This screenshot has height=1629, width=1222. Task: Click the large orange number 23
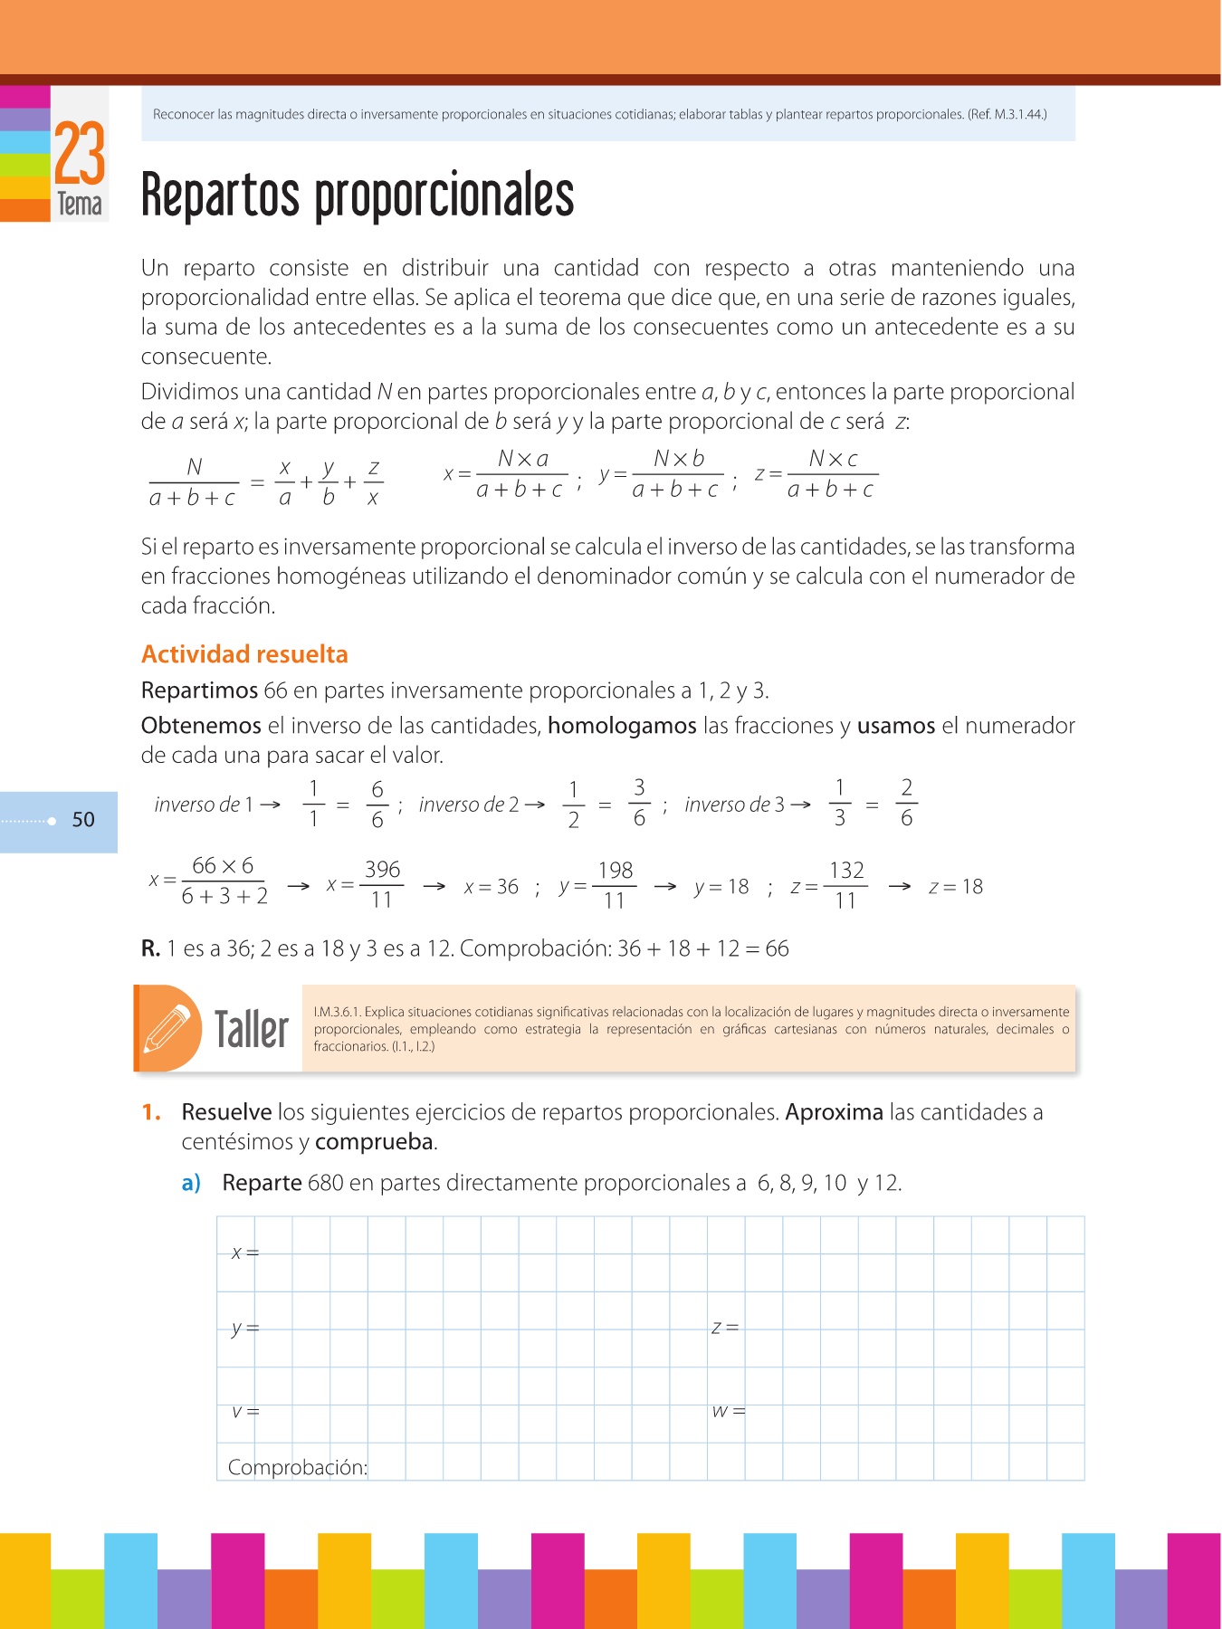(x=80, y=154)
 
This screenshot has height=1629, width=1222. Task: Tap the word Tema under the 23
(x=80, y=205)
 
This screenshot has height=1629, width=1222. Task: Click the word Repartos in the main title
(x=220, y=196)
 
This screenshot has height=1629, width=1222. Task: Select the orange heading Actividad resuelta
(x=244, y=654)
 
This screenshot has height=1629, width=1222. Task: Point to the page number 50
(x=83, y=820)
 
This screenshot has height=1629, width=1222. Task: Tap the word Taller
(x=251, y=1030)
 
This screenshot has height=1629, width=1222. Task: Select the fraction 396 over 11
(x=382, y=885)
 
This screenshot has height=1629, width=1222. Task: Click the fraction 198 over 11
(x=615, y=885)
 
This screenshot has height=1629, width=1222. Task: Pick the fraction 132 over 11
(x=846, y=885)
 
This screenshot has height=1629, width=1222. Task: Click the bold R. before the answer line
(x=150, y=948)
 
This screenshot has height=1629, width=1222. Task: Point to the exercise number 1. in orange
(x=151, y=1112)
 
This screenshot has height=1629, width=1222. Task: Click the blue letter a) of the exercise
(x=191, y=1183)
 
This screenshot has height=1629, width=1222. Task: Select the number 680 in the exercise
(x=325, y=1183)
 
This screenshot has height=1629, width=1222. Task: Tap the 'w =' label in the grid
(x=728, y=1411)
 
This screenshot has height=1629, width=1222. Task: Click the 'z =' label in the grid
(x=725, y=1328)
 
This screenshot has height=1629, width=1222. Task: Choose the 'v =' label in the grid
(x=244, y=1411)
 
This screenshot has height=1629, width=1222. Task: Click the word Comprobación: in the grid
(x=297, y=1467)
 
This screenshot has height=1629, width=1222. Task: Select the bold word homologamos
(x=622, y=726)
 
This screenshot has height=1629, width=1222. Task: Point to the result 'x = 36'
(x=491, y=887)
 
